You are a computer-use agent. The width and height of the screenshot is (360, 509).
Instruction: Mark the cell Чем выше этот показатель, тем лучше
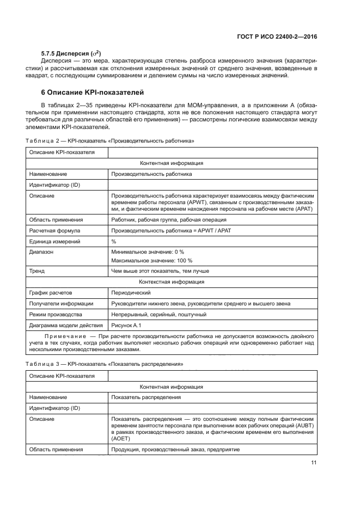(160, 271)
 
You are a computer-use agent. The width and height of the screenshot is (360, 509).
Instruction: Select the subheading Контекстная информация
(172, 282)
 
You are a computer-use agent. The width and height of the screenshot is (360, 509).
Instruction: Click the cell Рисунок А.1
(126, 325)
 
